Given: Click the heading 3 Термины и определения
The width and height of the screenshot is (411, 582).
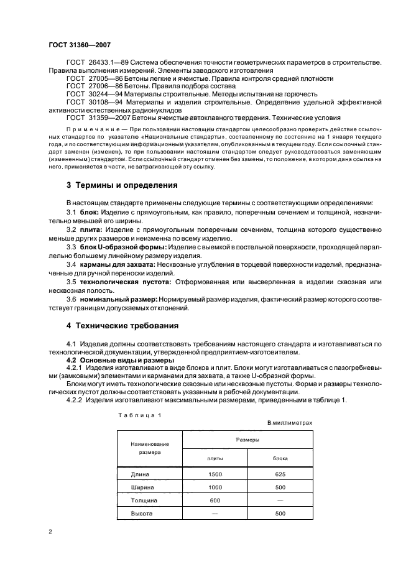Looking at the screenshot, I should click(122, 185).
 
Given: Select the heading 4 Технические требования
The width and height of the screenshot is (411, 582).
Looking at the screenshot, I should click(122, 325).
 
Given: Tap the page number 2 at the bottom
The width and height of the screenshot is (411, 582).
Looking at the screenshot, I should click(50, 533).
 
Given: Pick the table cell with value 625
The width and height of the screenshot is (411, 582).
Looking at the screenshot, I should click(280, 474).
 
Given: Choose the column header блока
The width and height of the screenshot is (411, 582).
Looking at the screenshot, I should click(280, 458).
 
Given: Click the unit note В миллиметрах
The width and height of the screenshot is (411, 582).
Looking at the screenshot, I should click(289, 423).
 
